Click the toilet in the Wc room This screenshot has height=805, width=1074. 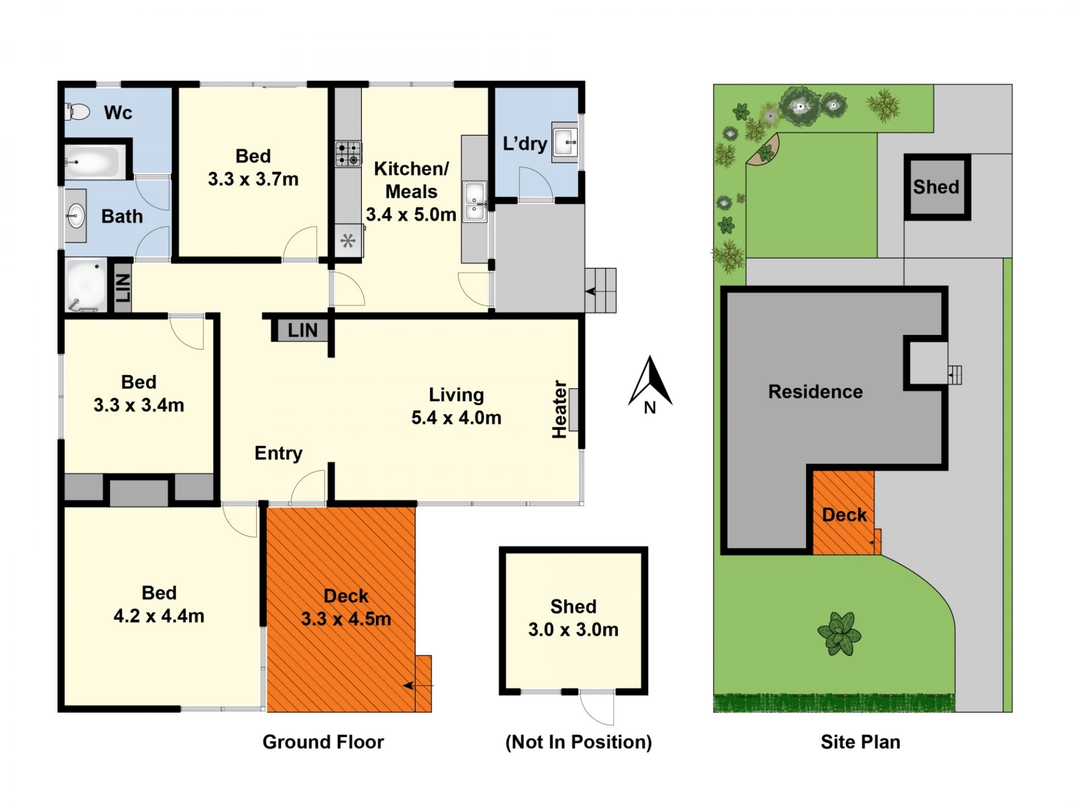tap(77, 112)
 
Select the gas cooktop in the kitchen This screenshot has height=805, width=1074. tap(348, 154)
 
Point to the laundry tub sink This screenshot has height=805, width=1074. tap(564, 142)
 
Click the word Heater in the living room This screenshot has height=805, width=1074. tap(560, 409)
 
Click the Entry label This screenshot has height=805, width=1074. tap(279, 453)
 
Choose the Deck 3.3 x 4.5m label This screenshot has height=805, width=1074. tap(346, 608)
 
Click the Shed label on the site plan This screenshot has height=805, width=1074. tap(936, 187)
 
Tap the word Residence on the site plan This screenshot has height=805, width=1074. tap(816, 392)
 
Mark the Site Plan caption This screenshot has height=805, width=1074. tap(860, 742)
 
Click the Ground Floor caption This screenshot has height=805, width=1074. tap(323, 742)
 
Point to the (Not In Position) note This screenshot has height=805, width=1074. tap(578, 742)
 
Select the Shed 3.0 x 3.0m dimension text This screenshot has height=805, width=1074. tap(573, 618)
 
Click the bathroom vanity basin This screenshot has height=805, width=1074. tap(75, 216)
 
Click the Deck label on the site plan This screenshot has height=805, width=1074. tap(844, 515)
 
